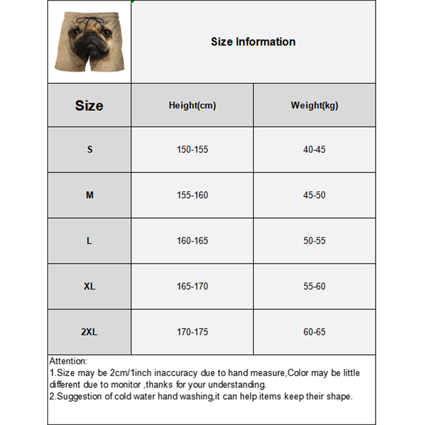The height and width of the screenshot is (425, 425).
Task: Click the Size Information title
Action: tap(253, 42)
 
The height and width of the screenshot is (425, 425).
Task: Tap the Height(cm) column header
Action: tap(192, 105)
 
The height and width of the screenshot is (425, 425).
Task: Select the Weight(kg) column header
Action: tap(314, 105)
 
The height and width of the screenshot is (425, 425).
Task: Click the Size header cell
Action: tap(89, 105)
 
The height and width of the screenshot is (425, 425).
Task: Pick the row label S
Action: tap(90, 149)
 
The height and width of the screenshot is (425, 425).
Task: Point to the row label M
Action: tap(90, 195)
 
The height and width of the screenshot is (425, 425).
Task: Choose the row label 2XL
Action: tap(89, 332)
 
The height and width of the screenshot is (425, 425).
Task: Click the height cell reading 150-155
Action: tap(192, 150)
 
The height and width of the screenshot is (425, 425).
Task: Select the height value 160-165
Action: tap(192, 241)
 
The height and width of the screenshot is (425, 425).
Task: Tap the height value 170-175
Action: tap(192, 332)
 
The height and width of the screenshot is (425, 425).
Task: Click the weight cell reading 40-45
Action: tap(314, 150)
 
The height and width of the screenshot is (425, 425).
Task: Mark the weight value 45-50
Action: tap(314, 195)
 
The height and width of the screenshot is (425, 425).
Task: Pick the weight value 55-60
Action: tap(314, 286)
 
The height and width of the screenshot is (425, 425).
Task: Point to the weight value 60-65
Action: tap(314, 332)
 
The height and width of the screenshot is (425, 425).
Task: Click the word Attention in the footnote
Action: tap(67, 361)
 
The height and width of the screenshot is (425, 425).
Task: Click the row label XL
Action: tap(89, 286)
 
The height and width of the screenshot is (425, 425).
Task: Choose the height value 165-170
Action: tap(192, 286)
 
